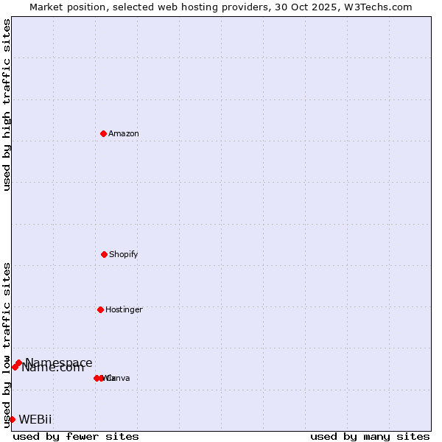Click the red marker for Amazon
103,133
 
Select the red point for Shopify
104,254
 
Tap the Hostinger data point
100,309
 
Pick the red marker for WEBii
12,419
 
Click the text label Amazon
124,133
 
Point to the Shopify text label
124,254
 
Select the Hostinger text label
124,309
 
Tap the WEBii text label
35,420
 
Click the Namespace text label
59,362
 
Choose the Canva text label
119,378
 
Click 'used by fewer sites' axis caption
76,436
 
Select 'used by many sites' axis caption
370,436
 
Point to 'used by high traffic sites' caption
7,105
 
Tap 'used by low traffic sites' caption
7,345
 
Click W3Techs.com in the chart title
378,7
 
